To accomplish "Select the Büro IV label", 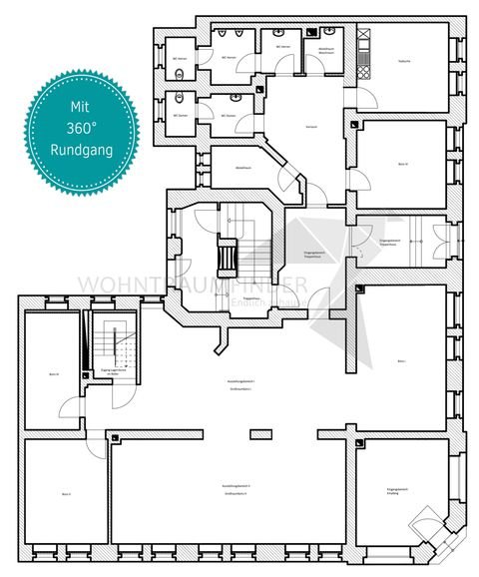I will coord(402,163).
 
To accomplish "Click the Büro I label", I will coord(402,359).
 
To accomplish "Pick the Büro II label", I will coord(65,493).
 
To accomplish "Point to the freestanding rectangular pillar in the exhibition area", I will coord(260,432).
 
